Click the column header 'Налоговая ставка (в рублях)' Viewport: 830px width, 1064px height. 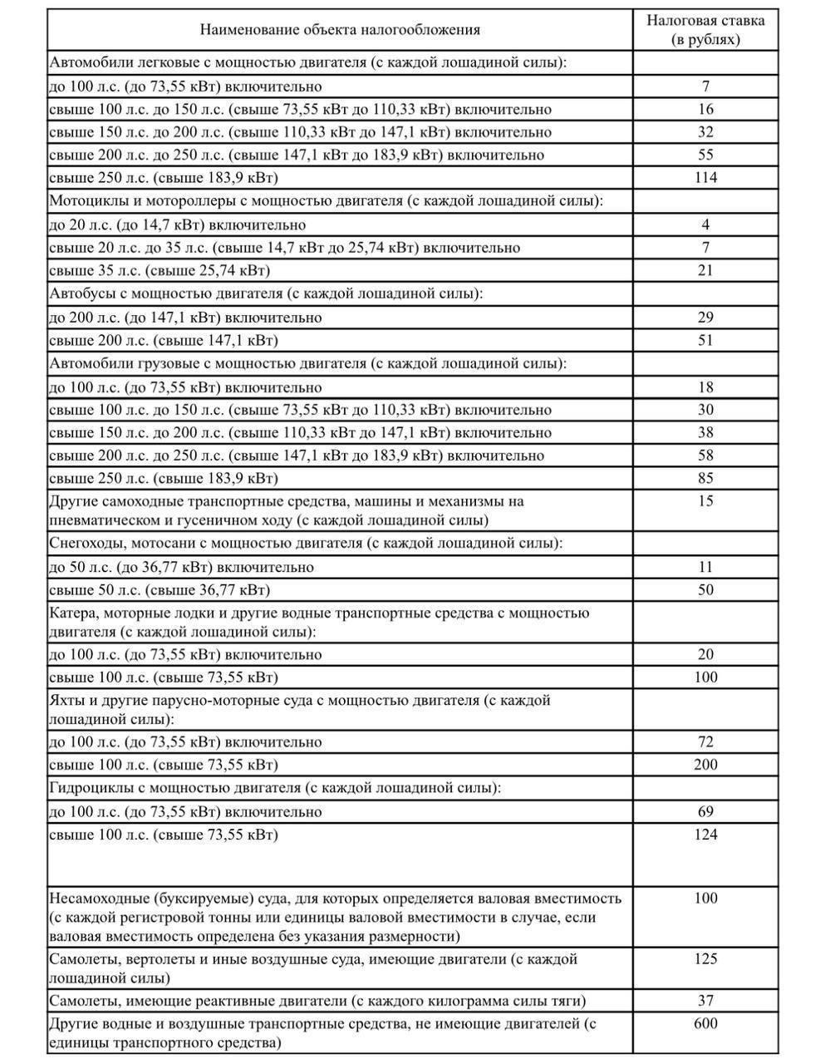point(705,29)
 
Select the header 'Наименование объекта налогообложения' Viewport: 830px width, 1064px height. point(340,30)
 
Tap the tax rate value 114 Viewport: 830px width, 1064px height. point(705,177)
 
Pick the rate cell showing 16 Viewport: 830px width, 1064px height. point(705,109)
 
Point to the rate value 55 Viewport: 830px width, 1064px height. point(705,155)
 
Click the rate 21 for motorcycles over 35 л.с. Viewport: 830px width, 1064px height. point(705,270)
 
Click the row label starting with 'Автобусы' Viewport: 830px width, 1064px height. point(266,293)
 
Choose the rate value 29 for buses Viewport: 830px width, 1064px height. point(705,318)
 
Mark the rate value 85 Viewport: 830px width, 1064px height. point(705,479)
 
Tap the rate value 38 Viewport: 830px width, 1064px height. point(705,432)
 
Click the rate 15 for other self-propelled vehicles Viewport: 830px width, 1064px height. point(705,501)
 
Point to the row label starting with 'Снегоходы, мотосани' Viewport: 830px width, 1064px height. point(306,544)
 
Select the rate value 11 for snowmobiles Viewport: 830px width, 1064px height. point(705,567)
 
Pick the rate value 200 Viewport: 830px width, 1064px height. point(705,765)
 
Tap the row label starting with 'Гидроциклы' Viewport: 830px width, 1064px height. point(274,788)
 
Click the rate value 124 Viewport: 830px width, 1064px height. point(705,835)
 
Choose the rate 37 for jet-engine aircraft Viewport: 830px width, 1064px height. point(705,1001)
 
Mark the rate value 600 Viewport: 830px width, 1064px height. point(705,1024)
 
